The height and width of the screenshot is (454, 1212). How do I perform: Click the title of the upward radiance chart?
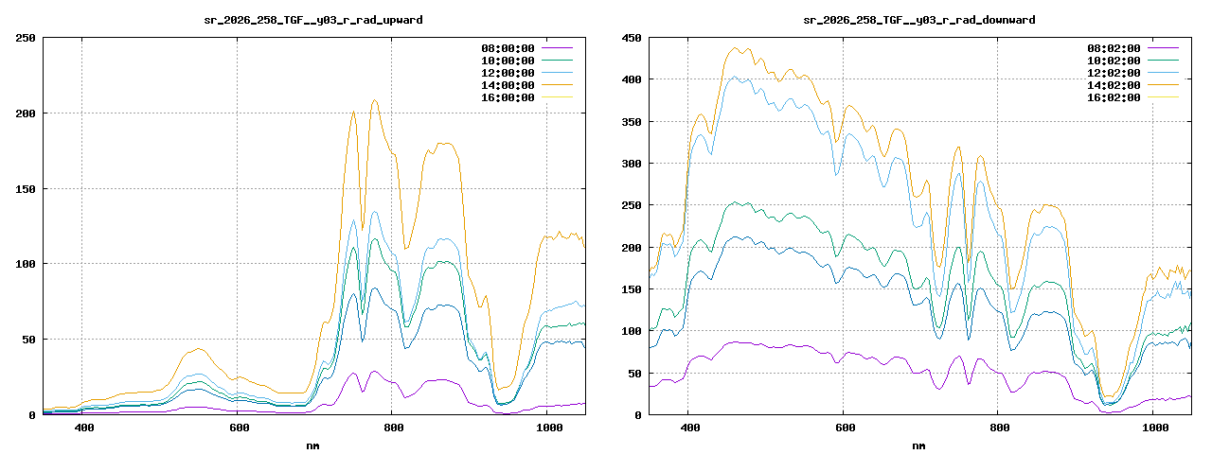point(313,20)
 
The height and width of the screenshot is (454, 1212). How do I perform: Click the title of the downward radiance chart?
point(919,20)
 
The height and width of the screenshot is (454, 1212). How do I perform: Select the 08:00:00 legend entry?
point(508,48)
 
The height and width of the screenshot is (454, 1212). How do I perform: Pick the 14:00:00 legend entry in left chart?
point(508,85)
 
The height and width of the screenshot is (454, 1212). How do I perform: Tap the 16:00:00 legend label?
point(508,97)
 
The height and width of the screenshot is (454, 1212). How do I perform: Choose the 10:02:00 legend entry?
point(1114,61)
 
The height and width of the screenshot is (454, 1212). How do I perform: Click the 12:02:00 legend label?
point(1114,73)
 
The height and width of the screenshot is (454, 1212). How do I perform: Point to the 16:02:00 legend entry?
point(1114,97)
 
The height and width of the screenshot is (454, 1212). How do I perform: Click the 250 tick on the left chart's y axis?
point(26,38)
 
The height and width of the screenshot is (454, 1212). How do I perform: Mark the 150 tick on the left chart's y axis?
point(26,189)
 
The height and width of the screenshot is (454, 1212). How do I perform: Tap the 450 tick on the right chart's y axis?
point(632,38)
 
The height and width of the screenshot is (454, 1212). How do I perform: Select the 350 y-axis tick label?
point(632,122)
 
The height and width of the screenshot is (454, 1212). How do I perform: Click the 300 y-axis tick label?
point(632,164)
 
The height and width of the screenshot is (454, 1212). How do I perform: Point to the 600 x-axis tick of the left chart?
point(239,428)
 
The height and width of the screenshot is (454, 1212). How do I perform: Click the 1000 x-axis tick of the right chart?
point(1155,428)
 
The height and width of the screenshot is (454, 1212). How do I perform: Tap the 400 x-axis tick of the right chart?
point(690,428)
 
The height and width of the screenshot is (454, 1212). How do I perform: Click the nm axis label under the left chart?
point(312,445)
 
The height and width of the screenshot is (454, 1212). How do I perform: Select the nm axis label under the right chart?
point(918,445)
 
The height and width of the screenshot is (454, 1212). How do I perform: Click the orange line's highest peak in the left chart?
point(374,100)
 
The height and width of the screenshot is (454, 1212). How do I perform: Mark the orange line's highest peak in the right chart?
point(735,47)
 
